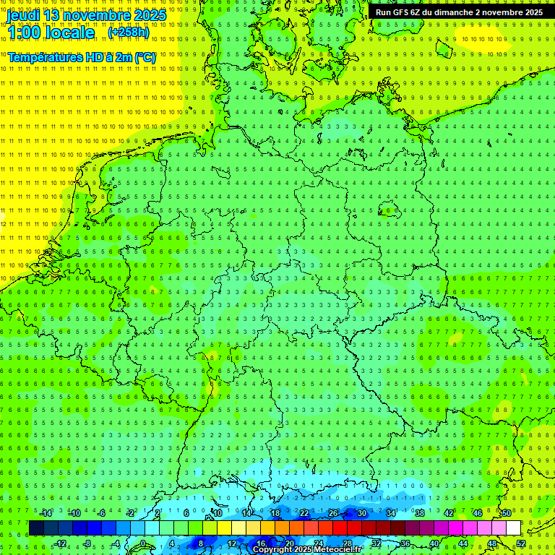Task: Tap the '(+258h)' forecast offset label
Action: (130, 33)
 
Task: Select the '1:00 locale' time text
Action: (51, 33)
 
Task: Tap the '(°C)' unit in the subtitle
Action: (145, 57)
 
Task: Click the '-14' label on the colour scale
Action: (46, 513)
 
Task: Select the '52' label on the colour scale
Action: (520, 543)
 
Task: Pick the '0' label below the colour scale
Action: (142, 543)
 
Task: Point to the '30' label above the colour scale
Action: (361, 513)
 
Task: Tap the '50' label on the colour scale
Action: (506, 513)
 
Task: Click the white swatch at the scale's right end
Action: (513, 528)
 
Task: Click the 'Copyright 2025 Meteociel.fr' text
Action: (307, 550)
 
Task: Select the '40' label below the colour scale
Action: (434, 543)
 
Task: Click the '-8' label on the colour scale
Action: (88, 543)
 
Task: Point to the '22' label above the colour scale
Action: (304, 513)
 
